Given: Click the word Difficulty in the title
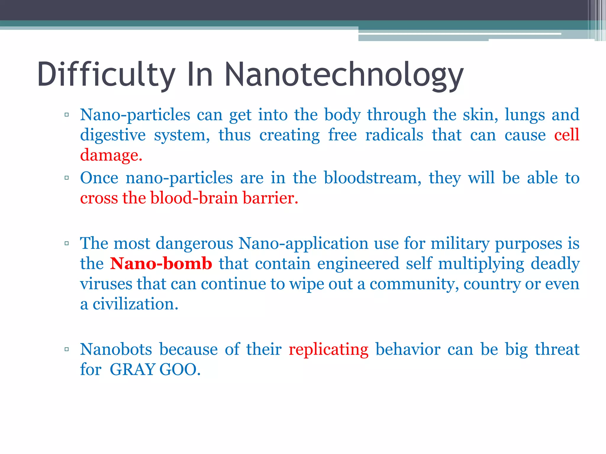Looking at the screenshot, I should [106, 75].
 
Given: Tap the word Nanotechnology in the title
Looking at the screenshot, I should [344, 75].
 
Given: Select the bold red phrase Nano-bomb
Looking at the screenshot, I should [161, 263].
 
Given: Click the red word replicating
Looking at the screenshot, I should [328, 349].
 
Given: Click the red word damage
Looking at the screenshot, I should [111, 155].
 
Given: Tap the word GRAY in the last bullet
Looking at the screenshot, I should [133, 369].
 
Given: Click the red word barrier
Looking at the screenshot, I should [270, 198].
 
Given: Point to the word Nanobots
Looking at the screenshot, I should [116, 349].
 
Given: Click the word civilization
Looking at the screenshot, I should [135, 304].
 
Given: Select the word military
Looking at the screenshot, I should [460, 244].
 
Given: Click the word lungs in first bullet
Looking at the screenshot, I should [525, 115].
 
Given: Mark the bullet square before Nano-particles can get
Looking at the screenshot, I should [67, 115].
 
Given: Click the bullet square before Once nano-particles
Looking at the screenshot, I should [67, 178].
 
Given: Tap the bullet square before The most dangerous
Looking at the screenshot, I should [67, 244].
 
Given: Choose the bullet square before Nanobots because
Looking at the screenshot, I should [67, 349].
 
